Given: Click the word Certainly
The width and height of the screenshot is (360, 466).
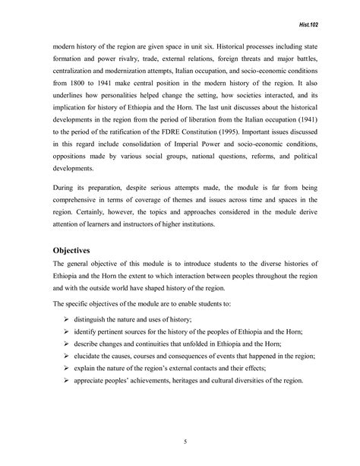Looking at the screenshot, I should point(87,223).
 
